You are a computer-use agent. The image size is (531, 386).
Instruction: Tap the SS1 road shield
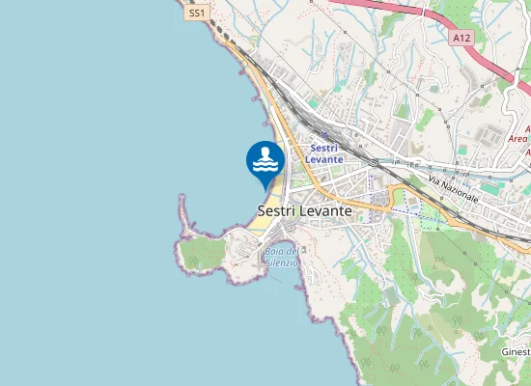[x=197, y=14]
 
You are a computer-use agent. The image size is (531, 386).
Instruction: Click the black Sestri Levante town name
[x=305, y=208]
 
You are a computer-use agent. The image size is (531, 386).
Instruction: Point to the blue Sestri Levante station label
[x=325, y=152]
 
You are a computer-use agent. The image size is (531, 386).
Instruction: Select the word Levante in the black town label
[x=328, y=208]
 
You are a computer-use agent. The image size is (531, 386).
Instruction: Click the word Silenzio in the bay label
[x=282, y=262]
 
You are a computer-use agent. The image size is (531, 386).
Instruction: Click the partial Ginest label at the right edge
[x=517, y=352]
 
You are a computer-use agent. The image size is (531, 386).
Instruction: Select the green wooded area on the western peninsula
[x=203, y=254]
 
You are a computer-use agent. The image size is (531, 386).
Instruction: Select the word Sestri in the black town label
[x=278, y=208]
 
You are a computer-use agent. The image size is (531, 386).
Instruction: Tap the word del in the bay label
[x=292, y=252]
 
